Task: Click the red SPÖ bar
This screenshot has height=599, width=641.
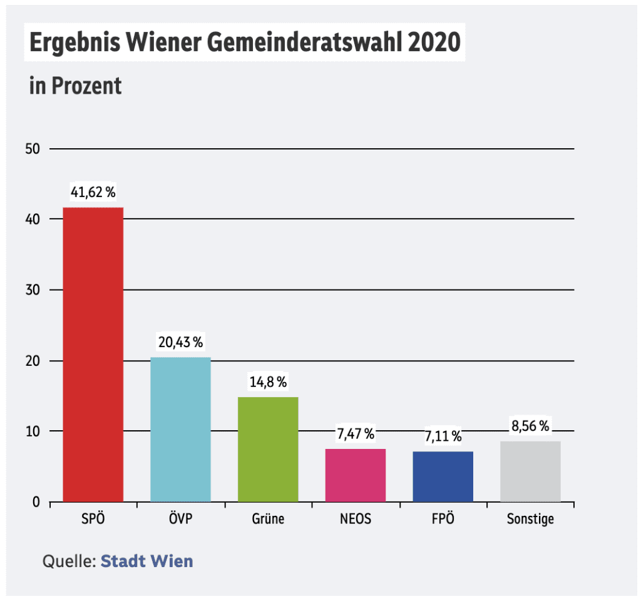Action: pos(93,354)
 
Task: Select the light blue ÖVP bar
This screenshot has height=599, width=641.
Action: pos(180,429)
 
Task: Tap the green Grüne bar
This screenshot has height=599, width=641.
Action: pos(268,449)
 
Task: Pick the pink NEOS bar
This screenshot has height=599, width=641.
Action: pos(355,475)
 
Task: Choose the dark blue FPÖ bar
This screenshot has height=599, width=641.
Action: pos(443,476)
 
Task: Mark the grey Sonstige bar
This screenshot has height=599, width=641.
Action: pos(530,471)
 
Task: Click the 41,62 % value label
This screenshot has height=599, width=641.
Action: pos(93,193)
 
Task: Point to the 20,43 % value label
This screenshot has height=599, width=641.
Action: pos(180,343)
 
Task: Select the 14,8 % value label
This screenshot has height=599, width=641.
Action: pos(268,382)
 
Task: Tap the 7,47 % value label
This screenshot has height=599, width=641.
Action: pos(355,434)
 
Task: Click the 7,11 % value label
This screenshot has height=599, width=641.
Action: pos(443,436)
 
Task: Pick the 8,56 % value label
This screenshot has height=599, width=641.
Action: pos(530,426)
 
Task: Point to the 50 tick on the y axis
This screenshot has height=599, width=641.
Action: pos(33,149)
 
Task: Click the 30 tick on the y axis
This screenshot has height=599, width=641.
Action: pos(33,290)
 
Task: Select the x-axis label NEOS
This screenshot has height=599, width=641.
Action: pos(355,519)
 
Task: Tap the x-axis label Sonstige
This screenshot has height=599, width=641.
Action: pos(530,519)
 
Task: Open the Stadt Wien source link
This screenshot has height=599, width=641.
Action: pos(146,560)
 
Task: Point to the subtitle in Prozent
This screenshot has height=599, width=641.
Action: pos(75,86)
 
